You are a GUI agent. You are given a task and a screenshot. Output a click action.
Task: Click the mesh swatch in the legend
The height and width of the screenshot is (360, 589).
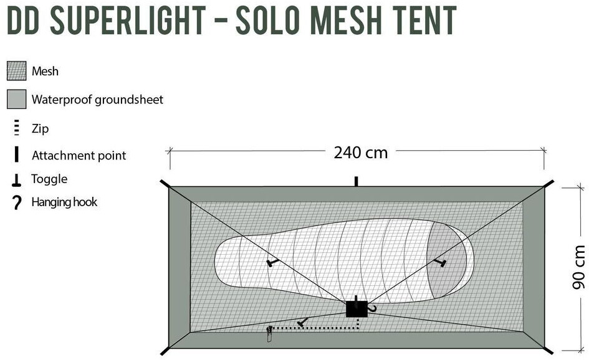click(16, 71)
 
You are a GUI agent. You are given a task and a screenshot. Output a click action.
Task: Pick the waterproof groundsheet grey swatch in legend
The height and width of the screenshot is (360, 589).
click(16, 99)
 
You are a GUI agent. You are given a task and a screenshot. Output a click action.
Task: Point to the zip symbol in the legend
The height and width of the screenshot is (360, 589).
click(16, 129)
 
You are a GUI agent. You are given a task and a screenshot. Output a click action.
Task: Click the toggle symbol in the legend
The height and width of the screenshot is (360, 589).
click(16, 180)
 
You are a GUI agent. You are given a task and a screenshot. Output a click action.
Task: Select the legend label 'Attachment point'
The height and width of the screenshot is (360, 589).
click(79, 156)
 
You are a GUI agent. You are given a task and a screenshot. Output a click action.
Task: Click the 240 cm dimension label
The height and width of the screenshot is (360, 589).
click(360, 152)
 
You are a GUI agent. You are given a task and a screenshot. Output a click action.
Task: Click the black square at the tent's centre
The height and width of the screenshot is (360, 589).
click(356, 308)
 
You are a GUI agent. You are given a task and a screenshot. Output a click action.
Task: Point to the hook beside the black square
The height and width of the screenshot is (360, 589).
click(373, 308)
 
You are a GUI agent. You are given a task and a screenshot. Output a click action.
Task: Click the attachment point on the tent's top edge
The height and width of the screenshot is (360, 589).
click(356, 181)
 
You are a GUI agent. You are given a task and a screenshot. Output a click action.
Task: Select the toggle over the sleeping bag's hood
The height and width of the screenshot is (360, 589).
click(442, 264)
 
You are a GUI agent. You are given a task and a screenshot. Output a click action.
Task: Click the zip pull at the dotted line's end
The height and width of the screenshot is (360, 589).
click(270, 334)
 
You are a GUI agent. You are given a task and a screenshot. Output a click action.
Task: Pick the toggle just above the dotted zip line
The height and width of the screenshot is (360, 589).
click(302, 322)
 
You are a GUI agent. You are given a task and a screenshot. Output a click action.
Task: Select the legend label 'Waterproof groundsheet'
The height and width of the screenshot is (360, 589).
click(97, 99)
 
